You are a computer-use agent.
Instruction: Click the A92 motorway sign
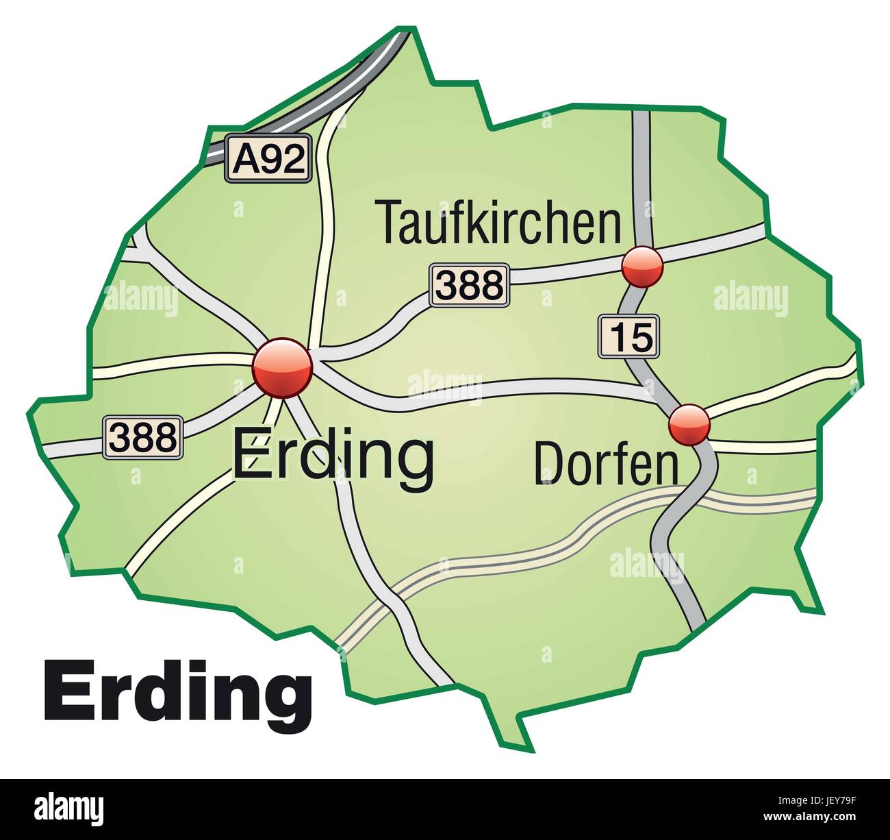tap(269, 159)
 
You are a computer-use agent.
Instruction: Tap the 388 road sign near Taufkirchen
tap(470, 285)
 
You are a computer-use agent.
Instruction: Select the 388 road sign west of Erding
tap(143, 437)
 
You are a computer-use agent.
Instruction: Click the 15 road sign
tap(629, 336)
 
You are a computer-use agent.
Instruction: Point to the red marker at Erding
tap(282, 368)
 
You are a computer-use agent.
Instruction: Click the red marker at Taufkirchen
tap(642, 267)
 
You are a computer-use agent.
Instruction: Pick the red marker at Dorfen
tap(689, 425)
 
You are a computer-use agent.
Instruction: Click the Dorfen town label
tap(606, 464)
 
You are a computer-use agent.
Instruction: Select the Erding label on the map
tap(333, 456)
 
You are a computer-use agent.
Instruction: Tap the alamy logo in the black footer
tap(68, 809)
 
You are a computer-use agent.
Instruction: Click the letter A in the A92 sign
tap(246, 160)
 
